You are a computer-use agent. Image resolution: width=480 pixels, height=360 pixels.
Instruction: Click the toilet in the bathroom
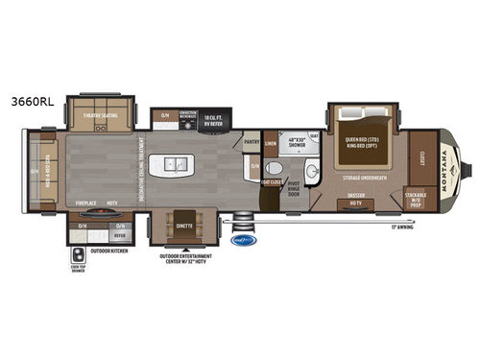[x=253, y=169]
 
